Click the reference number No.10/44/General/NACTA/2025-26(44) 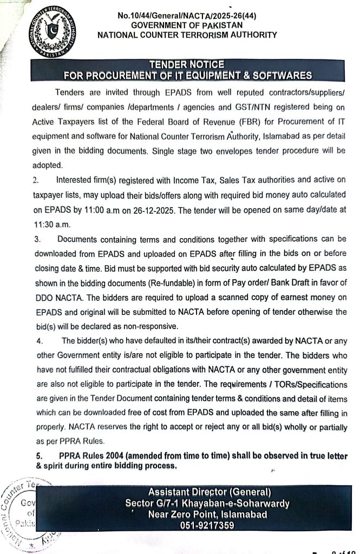(x=187, y=16)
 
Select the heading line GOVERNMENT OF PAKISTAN (x=187, y=25)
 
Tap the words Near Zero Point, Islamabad (x=208, y=514)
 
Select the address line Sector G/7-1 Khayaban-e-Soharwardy (x=208, y=503)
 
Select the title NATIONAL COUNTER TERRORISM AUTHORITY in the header (x=187, y=35)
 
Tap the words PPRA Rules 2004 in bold (x=97, y=456)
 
